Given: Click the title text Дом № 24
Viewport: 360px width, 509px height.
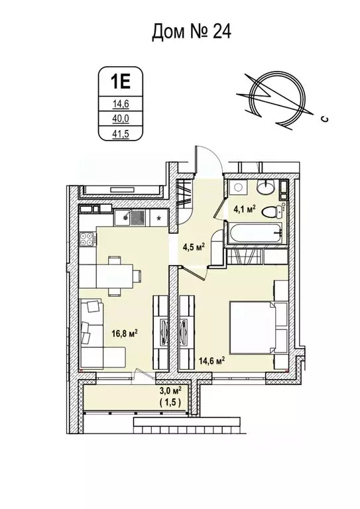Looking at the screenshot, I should tap(192, 31).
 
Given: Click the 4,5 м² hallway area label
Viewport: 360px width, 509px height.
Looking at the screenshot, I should tap(193, 248).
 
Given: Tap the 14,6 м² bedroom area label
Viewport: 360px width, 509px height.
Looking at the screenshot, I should tap(211, 361).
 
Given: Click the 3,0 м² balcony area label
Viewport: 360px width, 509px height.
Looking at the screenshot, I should tap(169, 392).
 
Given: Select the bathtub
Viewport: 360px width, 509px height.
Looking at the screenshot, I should tap(255, 234).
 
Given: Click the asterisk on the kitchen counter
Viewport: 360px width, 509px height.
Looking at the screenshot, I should tap(159, 217).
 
